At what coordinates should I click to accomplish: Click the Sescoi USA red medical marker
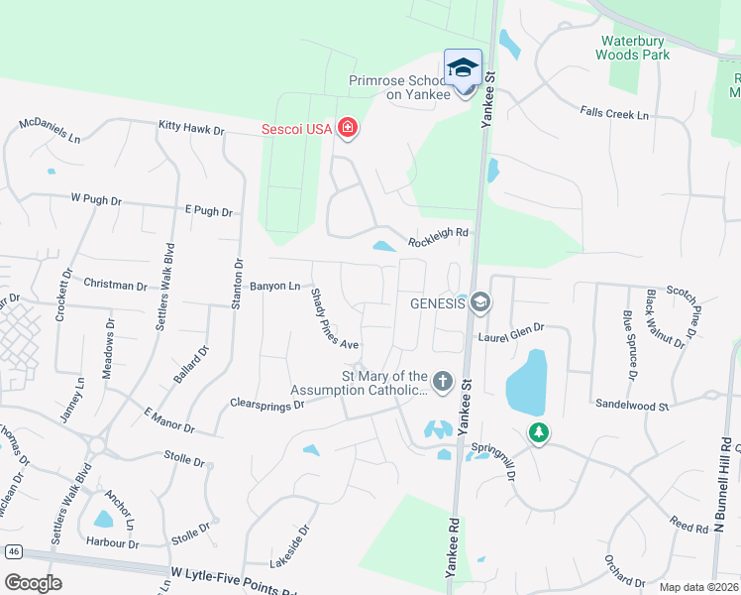(x=347, y=128)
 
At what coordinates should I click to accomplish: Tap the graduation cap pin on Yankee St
(x=463, y=67)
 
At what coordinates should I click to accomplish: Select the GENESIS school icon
(x=479, y=301)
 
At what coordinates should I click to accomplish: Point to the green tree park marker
(x=538, y=432)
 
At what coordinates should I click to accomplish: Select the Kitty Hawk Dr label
(x=191, y=129)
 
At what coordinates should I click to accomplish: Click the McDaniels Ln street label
(x=50, y=130)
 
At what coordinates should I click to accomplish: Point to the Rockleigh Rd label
(x=437, y=235)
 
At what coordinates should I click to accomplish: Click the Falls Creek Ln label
(x=614, y=115)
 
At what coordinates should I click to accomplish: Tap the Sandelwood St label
(x=632, y=405)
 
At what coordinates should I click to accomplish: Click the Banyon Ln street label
(x=274, y=287)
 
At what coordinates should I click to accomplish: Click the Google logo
(x=33, y=583)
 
